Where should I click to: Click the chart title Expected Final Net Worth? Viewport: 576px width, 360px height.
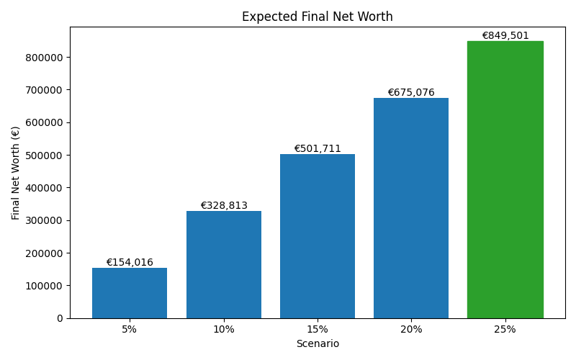tap(317, 17)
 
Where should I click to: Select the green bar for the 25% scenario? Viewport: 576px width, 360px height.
tap(505, 180)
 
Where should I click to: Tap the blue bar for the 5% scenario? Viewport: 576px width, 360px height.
tap(130, 293)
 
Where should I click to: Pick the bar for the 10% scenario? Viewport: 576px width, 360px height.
tap(223, 264)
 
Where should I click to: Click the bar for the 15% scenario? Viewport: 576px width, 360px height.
tap(318, 236)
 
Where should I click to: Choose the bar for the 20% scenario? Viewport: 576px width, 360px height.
tap(411, 208)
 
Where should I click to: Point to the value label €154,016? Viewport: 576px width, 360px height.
tap(130, 263)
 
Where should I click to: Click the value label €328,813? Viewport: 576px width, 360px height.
tap(223, 206)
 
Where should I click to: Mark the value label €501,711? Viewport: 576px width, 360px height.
tap(318, 149)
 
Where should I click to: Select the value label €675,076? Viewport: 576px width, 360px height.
tap(411, 93)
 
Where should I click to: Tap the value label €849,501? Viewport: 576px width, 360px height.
tap(505, 36)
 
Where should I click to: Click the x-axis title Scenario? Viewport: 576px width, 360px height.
tap(318, 344)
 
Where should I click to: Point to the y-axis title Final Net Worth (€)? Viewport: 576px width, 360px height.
tap(16, 173)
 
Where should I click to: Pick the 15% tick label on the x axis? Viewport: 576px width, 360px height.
tap(318, 330)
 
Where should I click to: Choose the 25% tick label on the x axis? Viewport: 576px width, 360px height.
tap(505, 330)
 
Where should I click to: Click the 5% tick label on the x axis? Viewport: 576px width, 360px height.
tap(130, 330)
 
